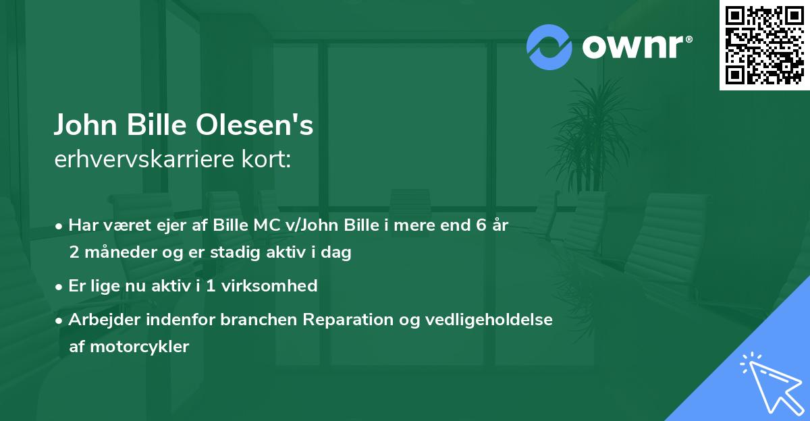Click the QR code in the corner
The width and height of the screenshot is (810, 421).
[765, 45]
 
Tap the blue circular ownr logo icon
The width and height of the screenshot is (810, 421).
[549, 47]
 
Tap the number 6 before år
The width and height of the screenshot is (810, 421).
[481, 225]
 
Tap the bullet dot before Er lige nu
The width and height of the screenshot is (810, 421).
[61, 287]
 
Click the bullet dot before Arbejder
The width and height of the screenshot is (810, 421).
[61, 320]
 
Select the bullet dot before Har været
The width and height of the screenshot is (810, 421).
[61, 226]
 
